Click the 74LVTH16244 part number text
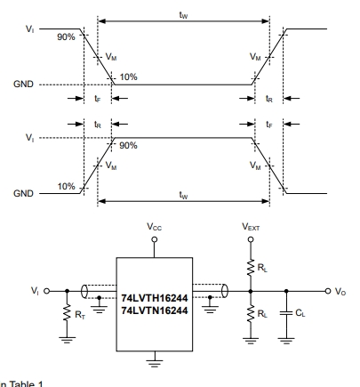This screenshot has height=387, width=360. (x=155, y=298)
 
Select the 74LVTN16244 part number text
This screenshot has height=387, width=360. (x=155, y=310)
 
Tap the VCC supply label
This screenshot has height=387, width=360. (x=155, y=227)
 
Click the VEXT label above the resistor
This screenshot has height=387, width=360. (x=251, y=227)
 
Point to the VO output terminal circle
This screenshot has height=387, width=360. (x=327, y=291)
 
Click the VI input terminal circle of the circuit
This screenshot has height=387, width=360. (x=46, y=291)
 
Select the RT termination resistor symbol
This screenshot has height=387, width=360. (x=68, y=312)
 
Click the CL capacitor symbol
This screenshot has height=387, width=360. (x=286, y=313)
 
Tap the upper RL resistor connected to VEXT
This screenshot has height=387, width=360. (x=251, y=268)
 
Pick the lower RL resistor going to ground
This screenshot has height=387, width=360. (x=251, y=314)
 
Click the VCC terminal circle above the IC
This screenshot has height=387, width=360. (x=155, y=239)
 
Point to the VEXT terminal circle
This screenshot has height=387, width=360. (x=251, y=239)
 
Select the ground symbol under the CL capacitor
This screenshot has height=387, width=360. (x=286, y=341)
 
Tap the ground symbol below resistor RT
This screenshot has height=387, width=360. (x=68, y=340)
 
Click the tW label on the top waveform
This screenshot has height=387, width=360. (x=184, y=15)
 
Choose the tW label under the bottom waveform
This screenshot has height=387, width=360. (x=184, y=195)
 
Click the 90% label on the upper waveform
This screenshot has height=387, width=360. (x=66, y=37)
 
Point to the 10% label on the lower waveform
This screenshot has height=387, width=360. (x=66, y=187)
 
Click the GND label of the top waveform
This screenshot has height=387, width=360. (x=23, y=85)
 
